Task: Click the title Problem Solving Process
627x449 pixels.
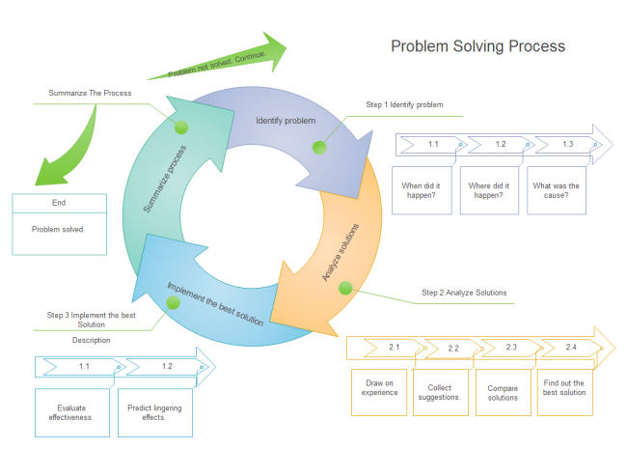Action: (477, 46)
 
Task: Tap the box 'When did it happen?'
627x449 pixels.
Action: (420, 190)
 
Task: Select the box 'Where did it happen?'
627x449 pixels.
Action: (486, 190)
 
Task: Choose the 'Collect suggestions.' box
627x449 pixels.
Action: (441, 391)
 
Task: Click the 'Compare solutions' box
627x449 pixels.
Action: (503, 391)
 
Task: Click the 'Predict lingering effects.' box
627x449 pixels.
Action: (154, 413)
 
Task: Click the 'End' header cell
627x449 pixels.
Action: (59, 203)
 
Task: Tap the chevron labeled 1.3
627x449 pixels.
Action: (569, 144)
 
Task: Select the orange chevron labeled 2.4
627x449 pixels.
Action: (572, 347)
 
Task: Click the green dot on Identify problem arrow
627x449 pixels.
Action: (319, 147)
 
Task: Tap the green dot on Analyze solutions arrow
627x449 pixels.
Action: (346, 286)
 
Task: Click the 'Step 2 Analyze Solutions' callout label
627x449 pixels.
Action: (464, 293)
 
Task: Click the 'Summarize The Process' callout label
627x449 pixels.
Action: (90, 94)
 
